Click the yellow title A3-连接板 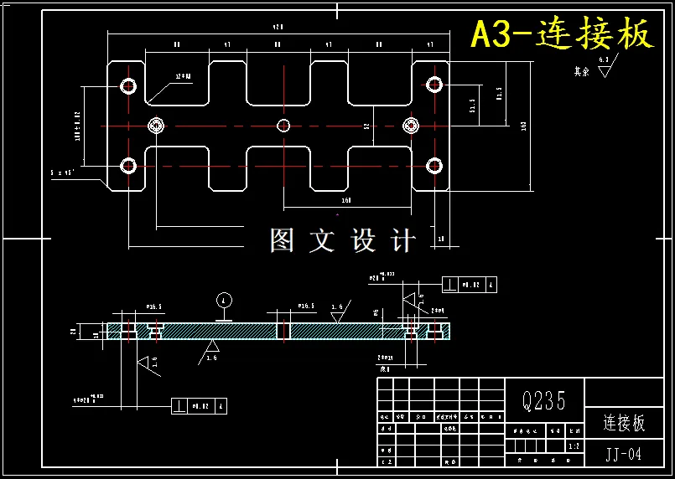(x=561, y=34)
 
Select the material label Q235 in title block (x=543, y=401)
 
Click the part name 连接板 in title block (x=624, y=423)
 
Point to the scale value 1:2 (x=574, y=447)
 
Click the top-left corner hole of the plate (x=128, y=85)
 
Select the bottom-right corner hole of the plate (x=434, y=165)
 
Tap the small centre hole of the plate (x=283, y=126)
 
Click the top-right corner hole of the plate (x=434, y=85)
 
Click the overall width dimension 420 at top (x=276, y=28)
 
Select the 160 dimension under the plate (x=345, y=201)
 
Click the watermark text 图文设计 (x=342, y=241)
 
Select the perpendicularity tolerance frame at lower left (x=199, y=405)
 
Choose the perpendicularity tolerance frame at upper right (x=470, y=285)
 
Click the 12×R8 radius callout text (x=182, y=76)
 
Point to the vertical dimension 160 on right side (x=524, y=126)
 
